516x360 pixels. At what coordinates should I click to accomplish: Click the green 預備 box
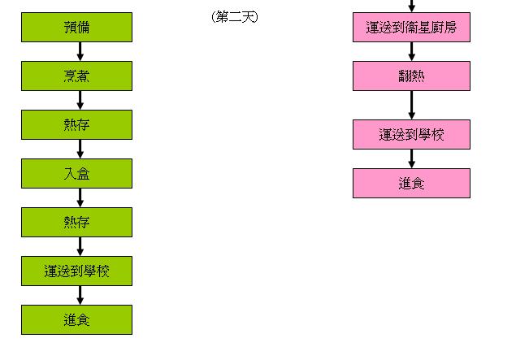pyautogui.click(x=76, y=28)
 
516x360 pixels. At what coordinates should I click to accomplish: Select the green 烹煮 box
pyautogui.click(x=76, y=76)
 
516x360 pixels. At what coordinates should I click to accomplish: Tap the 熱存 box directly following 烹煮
pyautogui.click(x=76, y=124)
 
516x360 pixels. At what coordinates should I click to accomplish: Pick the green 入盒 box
pyautogui.click(x=76, y=173)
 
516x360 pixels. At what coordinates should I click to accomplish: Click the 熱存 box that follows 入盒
pyautogui.click(x=76, y=222)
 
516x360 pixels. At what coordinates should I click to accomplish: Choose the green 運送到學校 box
pyautogui.click(x=76, y=271)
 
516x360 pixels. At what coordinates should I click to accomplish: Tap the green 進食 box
pyautogui.click(x=76, y=319)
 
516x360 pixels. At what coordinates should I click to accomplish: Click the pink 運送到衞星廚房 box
pyautogui.click(x=411, y=28)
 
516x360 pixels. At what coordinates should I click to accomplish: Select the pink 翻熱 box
pyautogui.click(x=411, y=76)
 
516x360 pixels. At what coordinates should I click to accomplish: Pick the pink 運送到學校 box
pyautogui.click(x=411, y=134)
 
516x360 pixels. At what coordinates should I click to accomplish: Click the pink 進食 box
pyautogui.click(x=411, y=183)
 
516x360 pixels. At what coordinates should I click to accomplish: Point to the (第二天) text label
pyautogui.click(x=234, y=16)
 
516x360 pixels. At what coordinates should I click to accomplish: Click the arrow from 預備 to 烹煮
pyautogui.click(x=80, y=52)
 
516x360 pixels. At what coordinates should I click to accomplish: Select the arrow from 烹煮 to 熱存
pyautogui.click(x=80, y=100)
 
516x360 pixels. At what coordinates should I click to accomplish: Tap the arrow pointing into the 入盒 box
pyautogui.click(x=80, y=149)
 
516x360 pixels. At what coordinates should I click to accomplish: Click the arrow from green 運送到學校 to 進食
pyautogui.click(x=80, y=295)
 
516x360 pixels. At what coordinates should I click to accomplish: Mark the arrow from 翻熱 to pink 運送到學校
pyautogui.click(x=412, y=105)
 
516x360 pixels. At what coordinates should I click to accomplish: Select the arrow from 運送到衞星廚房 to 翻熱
pyautogui.click(x=412, y=52)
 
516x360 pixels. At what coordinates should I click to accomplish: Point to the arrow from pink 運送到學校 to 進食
pyautogui.click(x=412, y=158)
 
